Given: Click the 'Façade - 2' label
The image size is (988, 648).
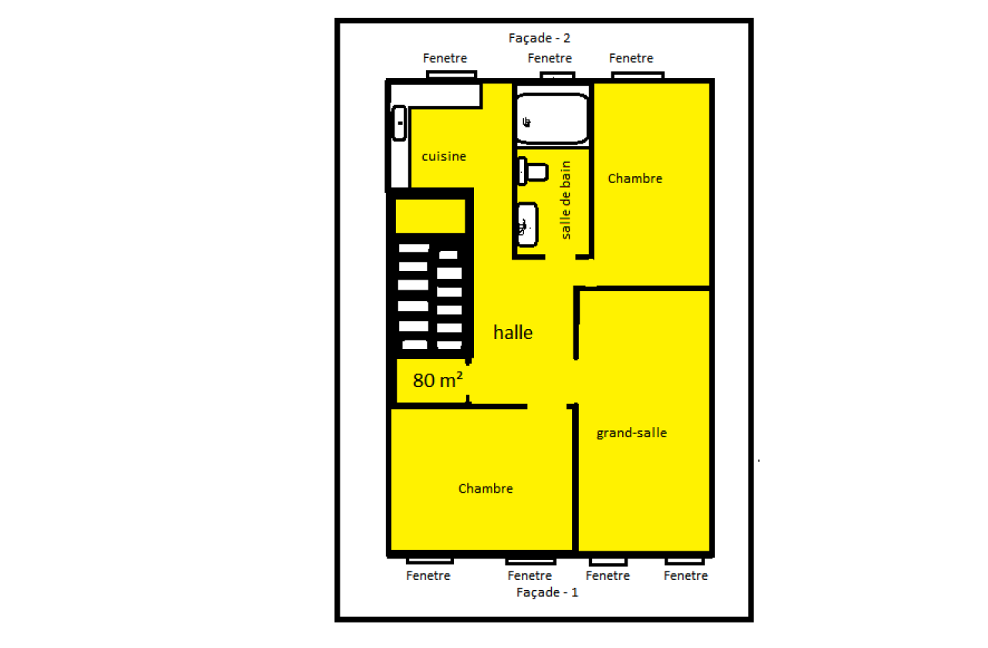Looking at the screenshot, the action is click(539, 39).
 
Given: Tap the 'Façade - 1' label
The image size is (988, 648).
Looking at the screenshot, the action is click(547, 592).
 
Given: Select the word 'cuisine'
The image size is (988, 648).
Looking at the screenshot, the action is click(444, 156).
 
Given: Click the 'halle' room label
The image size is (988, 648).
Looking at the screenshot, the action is click(513, 332).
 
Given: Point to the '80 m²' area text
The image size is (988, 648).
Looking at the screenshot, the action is click(438, 380).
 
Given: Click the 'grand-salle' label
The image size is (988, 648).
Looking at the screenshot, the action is click(631, 433).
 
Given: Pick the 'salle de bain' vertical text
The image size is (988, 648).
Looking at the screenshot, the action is click(565, 200).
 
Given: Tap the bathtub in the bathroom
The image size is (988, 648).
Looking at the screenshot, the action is click(552, 118).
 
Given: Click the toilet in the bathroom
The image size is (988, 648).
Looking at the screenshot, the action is click(533, 171).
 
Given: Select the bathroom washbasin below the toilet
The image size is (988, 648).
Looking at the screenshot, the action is click(527, 224).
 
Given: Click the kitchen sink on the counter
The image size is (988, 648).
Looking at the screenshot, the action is click(399, 123).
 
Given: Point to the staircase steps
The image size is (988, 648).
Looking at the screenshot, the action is click(430, 297).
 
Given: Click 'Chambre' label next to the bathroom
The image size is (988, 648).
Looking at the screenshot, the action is click(634, 178).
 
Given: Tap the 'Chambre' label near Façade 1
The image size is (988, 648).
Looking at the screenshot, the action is click(486, 489).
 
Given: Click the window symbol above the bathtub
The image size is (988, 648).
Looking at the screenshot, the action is click(557, 76).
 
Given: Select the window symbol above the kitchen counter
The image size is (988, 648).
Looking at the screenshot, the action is click(452, 75).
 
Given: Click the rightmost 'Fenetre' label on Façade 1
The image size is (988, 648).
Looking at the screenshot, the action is click(685, 576).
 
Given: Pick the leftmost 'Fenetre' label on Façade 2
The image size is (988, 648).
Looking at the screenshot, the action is click(445, 58).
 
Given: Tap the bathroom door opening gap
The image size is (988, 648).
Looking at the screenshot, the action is click(560, 257).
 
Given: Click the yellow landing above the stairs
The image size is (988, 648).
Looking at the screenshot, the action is click(430, 216).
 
